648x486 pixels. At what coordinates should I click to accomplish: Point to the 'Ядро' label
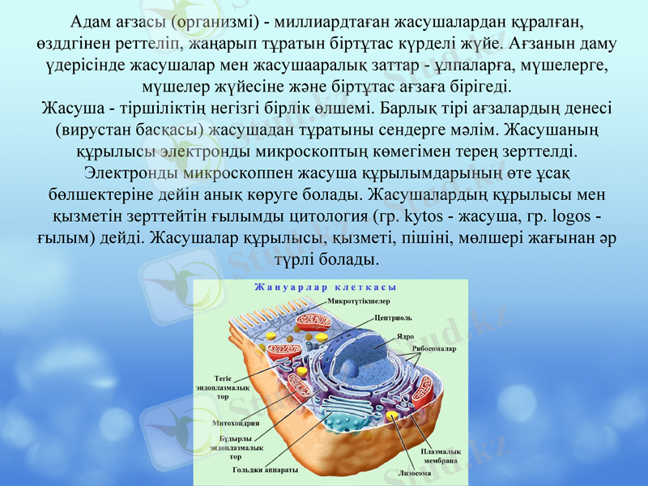click(x=405, y=335)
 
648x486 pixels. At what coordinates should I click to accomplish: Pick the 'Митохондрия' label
click(x=236, y=423)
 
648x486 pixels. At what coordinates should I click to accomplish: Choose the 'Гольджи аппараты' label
click(x=265, y=469)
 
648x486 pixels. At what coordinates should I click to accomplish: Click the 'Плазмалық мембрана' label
click(x=441, y=455)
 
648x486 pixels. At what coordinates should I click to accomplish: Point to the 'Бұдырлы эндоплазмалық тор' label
click(x=236, y=446)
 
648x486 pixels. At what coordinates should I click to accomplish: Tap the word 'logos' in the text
click(x=572, y=217)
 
